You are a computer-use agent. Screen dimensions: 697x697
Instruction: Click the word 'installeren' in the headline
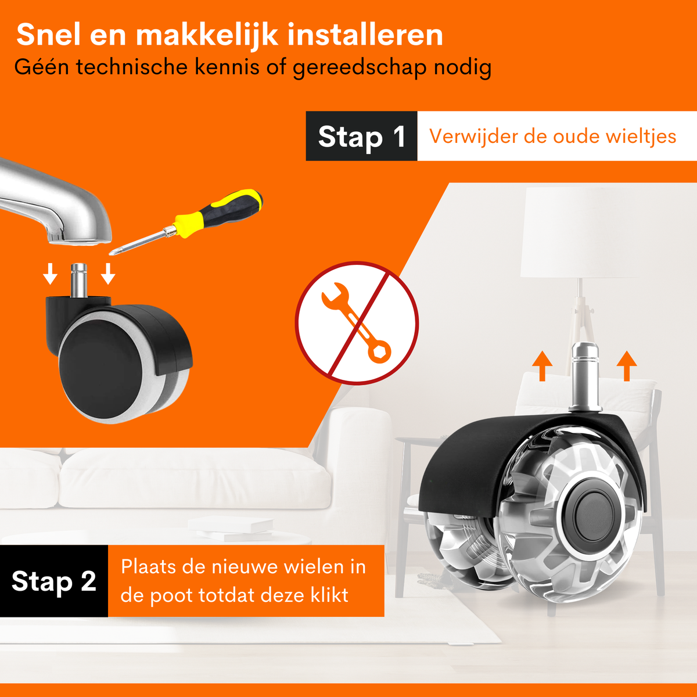(365, 35)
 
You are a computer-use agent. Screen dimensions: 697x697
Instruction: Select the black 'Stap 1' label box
(361, 136)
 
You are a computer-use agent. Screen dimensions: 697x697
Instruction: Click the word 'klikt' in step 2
(329, 595)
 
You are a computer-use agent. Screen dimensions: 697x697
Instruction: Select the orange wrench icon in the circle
(357, 322)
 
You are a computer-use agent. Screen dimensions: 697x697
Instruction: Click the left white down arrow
(51, 274)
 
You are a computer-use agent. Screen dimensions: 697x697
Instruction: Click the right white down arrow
(108, 274)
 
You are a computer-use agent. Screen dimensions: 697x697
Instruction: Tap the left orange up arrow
(542, 366)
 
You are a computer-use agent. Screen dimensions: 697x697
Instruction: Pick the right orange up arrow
(627, 366)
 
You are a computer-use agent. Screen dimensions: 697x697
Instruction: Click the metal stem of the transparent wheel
(585, 376)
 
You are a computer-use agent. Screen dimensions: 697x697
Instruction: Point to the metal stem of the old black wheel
(78, 281)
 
